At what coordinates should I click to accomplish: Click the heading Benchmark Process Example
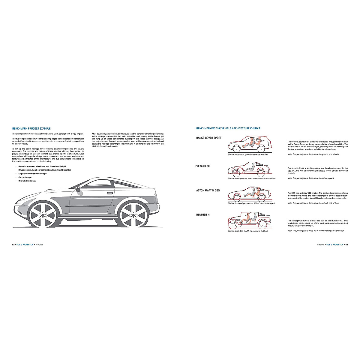[31, 128]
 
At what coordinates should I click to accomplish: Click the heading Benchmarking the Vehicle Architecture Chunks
[228, 128]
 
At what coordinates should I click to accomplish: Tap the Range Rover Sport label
[209, 138]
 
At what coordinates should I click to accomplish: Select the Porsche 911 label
[203, 166]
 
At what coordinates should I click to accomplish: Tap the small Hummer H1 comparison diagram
[249, 220]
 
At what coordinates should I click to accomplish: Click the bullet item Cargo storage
[25, 177]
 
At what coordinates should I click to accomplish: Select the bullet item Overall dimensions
[27, 181]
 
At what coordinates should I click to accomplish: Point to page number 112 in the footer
[13, 245]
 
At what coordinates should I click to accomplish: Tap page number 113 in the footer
[346, 245]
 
